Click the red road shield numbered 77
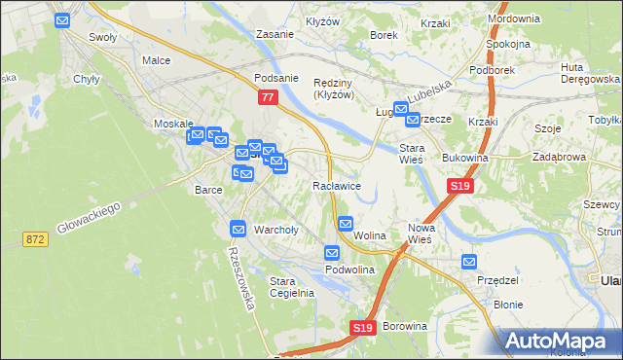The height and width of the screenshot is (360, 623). point(268,97)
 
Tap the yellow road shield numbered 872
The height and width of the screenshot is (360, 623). point(37,238)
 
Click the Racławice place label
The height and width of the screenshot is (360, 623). point(338,185)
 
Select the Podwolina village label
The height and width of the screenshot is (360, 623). point(350,270)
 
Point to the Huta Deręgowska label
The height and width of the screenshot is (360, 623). point(584,73)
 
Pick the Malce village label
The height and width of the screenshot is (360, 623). point(156,60)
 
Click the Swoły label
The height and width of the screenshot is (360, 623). point(103,39)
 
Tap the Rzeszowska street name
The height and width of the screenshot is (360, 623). point(240,276)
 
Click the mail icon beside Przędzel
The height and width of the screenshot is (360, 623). point(469,262)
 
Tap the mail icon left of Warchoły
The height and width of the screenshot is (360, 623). point(238,229)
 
